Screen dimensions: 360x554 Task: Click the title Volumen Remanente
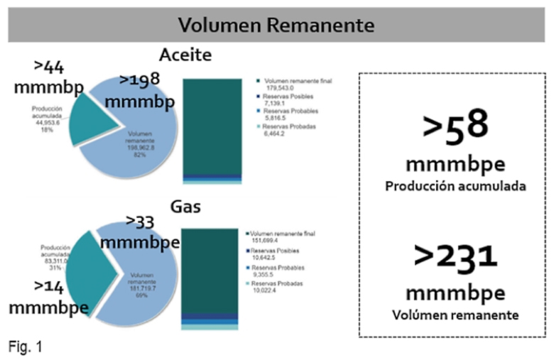(276, 26)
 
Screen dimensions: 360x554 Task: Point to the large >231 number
(456, 256)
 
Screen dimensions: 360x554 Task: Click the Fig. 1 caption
(27, 347)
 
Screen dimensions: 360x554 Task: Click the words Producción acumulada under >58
(455, 187)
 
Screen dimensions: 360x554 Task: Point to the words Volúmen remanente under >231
(456, 314)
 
